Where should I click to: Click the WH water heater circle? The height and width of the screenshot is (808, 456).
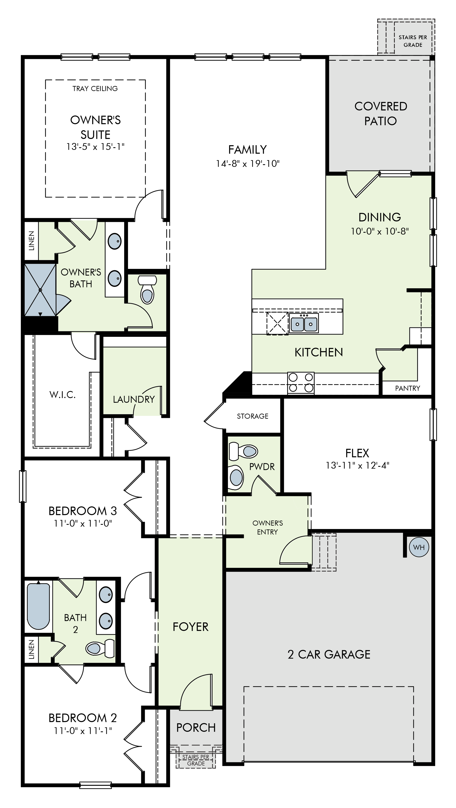coord(419,547)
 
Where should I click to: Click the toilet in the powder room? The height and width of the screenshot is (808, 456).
coord(243,451)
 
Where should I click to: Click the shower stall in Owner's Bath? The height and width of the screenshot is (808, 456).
coord(40,290)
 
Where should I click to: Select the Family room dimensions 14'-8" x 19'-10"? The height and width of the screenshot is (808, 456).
coord(247,163)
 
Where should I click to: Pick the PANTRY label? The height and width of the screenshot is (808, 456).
coord(407,388)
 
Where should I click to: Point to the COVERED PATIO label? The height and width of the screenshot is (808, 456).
coord(381,114)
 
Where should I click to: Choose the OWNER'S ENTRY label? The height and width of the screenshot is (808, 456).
coord(268,527)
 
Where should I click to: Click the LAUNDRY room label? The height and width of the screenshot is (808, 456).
coord(134,399)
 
